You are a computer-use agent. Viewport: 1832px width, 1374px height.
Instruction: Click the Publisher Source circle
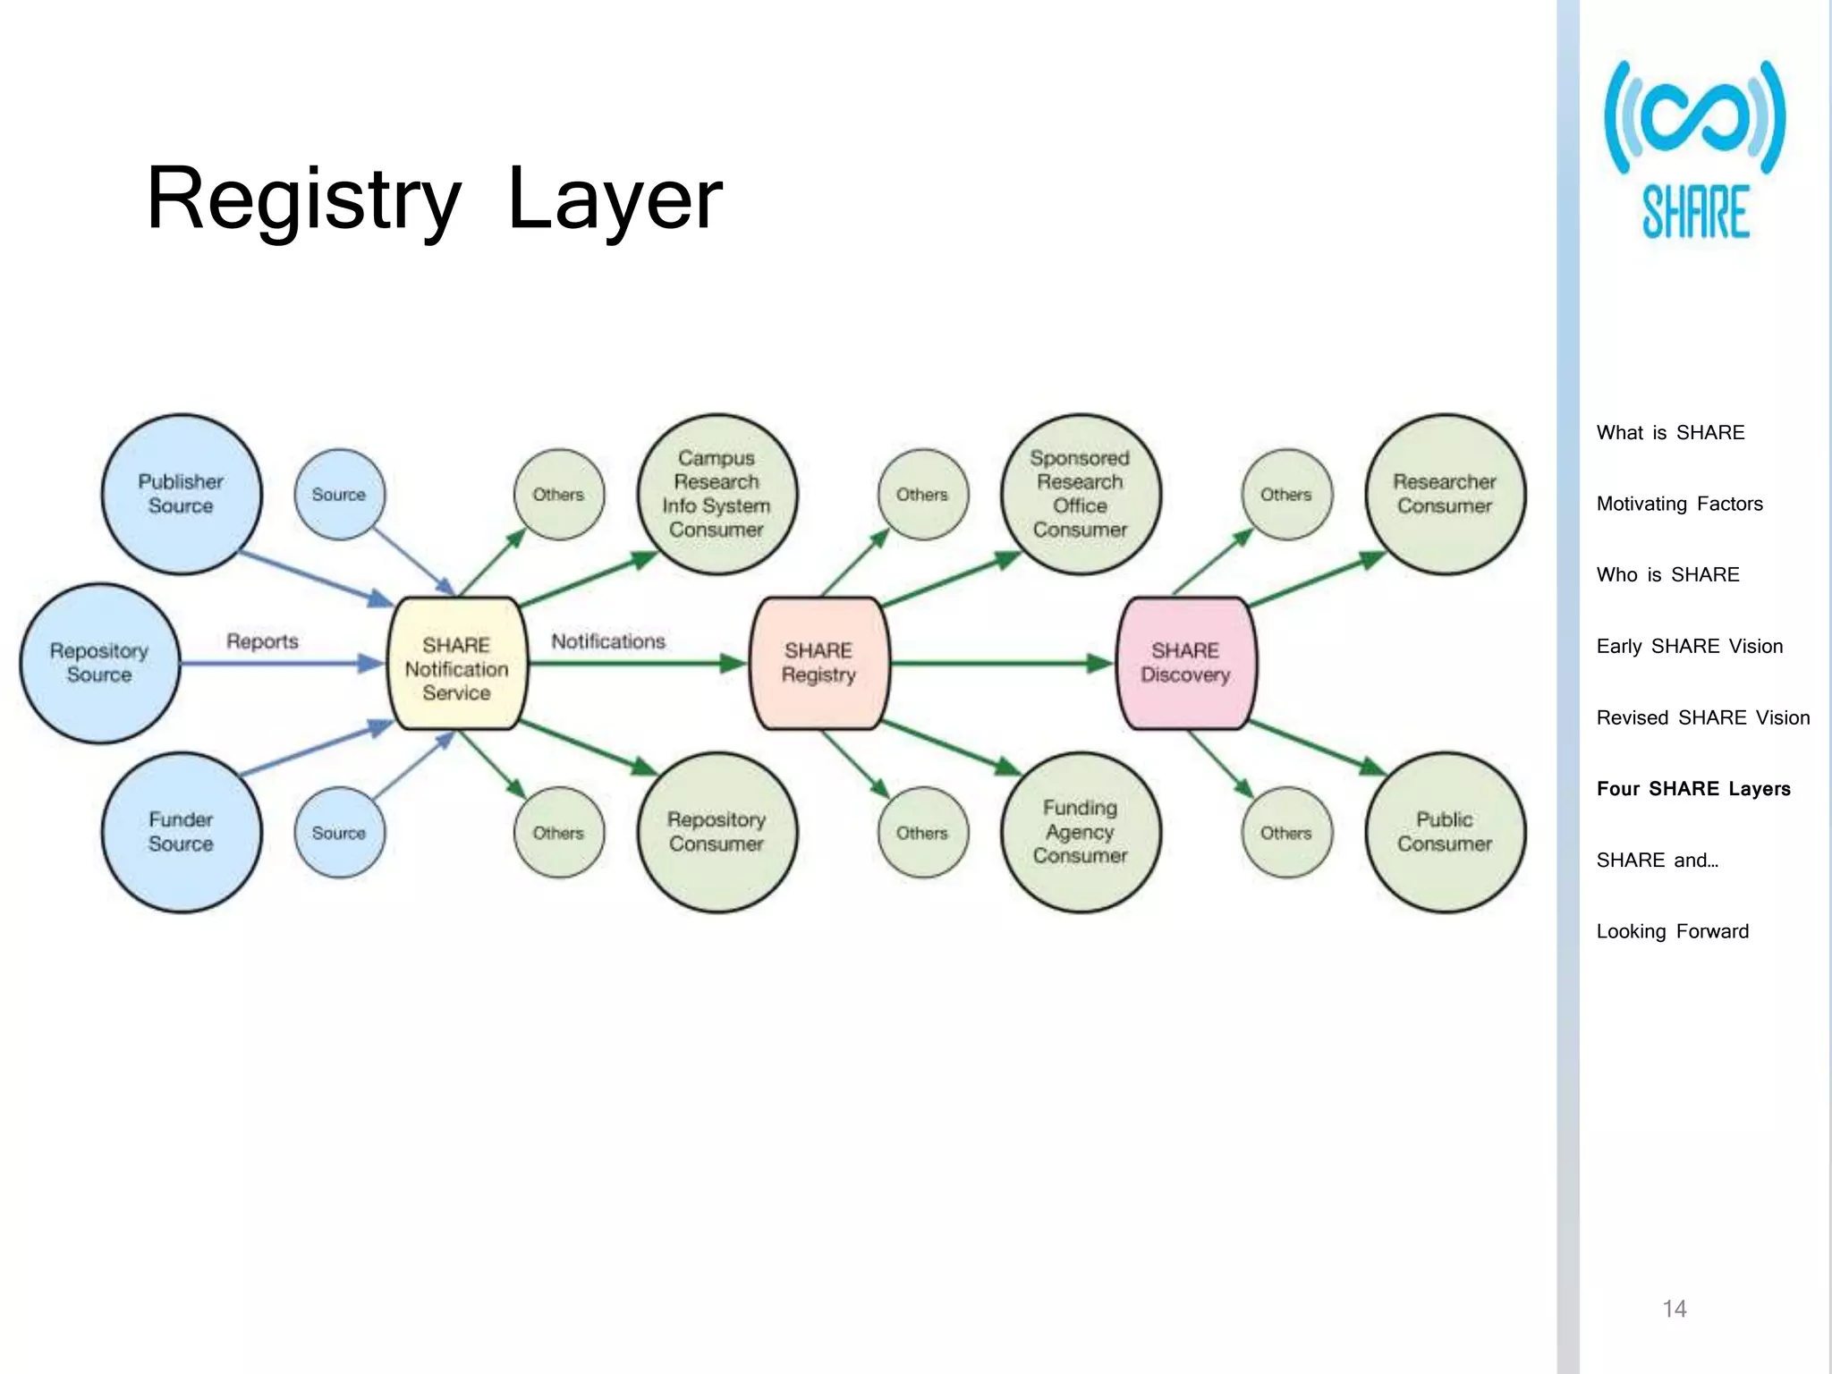click(x=182, y=494)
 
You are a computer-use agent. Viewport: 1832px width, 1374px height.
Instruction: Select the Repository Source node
click(x=99, y=663)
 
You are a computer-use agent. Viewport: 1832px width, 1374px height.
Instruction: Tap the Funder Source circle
click(x=182, y=832)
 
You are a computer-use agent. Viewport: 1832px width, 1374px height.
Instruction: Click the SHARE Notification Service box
click(x=457, y=664)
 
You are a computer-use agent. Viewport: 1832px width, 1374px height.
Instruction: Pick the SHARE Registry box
click(x=819, y=663)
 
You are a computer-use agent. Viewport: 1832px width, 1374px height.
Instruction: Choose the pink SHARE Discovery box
click(x=1186, y=663)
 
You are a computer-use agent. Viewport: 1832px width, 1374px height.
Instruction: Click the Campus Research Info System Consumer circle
click(x=717, y=494)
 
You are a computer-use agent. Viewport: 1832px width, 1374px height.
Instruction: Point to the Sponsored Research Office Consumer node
click(x=1081, y=494)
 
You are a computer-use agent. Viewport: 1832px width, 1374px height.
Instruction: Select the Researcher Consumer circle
click(x=1445, y=494)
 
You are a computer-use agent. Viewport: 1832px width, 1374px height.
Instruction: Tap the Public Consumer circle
click(x=1445, y=832)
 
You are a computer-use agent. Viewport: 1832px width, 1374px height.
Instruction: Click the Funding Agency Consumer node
click(x=1081, y=832)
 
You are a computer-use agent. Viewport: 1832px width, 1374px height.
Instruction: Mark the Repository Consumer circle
click(x=717, y=832)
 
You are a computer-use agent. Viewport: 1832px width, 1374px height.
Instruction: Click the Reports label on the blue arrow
click(x=262, y=641)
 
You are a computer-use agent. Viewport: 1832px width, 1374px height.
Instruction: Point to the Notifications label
click(x=608, y=641)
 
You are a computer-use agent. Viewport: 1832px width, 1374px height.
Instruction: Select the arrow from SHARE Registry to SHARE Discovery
click(x=1002, y=664)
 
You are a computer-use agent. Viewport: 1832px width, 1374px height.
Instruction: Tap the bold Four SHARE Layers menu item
click(x=1693, y=789)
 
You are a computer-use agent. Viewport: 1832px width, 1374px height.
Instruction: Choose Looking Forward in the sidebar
click(x=1672, y=931)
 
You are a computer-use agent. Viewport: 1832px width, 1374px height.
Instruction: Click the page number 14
click(x=1675, y=1309)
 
